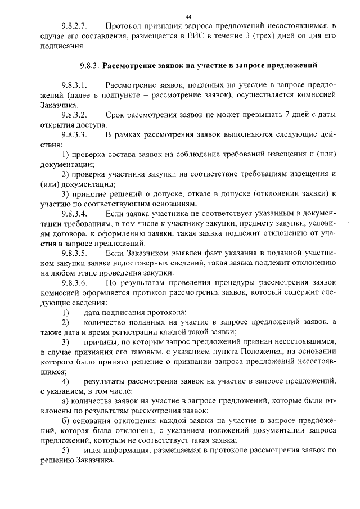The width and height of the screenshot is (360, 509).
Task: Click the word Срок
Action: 115,115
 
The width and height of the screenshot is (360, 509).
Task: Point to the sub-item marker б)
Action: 65,421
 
